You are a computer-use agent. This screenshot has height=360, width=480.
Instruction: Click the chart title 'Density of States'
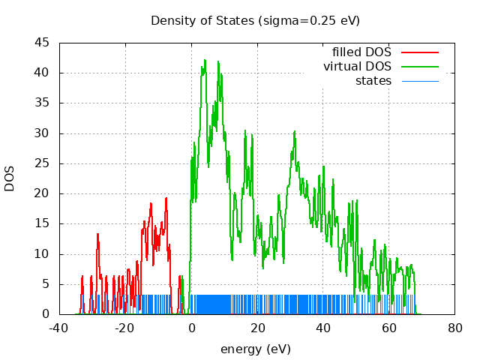255,20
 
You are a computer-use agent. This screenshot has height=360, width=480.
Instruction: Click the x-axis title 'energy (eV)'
255,349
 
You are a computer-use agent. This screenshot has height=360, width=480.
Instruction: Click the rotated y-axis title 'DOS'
10,178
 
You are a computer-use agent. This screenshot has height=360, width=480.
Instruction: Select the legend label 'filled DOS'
361,52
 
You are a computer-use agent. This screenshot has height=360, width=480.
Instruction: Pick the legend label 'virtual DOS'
357,67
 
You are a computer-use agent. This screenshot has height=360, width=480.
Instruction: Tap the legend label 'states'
373,80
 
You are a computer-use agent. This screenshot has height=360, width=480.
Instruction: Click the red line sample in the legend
419,52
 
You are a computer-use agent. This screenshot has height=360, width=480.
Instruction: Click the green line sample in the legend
419,67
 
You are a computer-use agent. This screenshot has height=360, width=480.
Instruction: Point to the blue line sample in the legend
419,80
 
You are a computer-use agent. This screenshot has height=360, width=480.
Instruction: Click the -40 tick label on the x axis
58,328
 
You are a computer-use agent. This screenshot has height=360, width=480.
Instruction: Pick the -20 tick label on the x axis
124,328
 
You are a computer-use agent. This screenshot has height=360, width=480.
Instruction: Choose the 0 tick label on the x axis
191,328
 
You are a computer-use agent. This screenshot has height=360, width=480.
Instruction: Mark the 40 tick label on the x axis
323,328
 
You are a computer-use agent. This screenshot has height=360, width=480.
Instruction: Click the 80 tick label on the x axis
455,328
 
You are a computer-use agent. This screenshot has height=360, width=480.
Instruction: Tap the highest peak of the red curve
166,198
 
